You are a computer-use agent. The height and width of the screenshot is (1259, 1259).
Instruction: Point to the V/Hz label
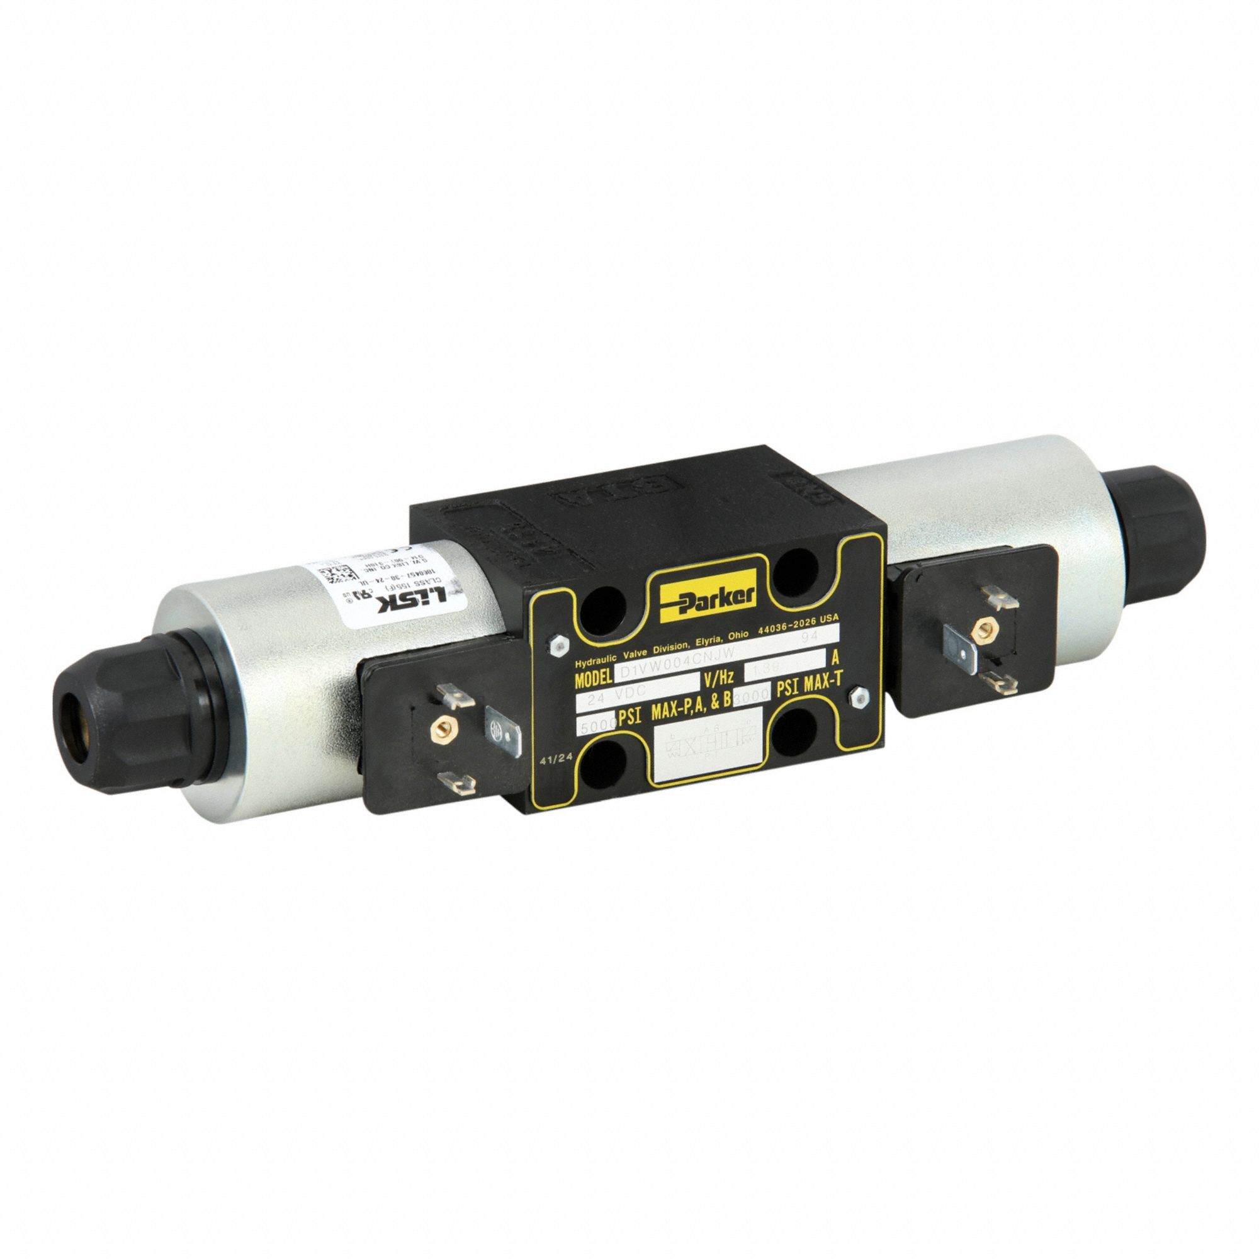point(720,679)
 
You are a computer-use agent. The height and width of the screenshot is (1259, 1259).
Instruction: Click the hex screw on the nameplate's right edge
point(858,698)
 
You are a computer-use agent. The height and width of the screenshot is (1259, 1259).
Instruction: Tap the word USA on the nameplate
point(828,617)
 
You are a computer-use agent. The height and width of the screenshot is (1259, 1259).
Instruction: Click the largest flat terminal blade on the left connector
point(502,734)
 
